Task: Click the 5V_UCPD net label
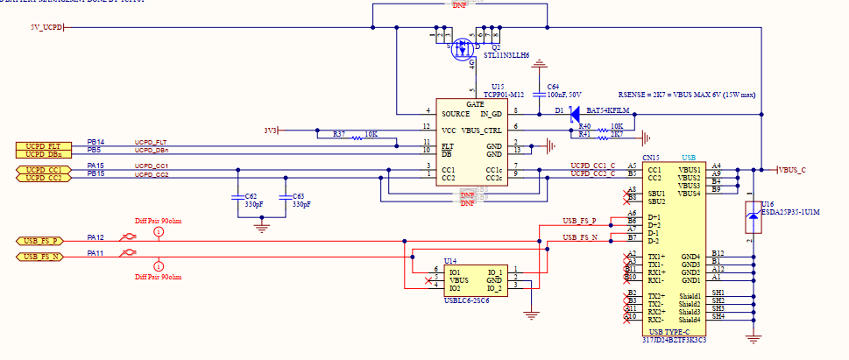click(46, 27)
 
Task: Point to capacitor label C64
click(554, 87)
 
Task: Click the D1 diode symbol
click(574, 112)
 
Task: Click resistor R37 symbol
click(357, 138)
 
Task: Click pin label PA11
click(95, 252)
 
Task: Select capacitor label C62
click(250, 197)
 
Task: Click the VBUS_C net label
click(792, 168)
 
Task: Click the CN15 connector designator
click(651, 157)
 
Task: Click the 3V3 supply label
click(270, 130)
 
